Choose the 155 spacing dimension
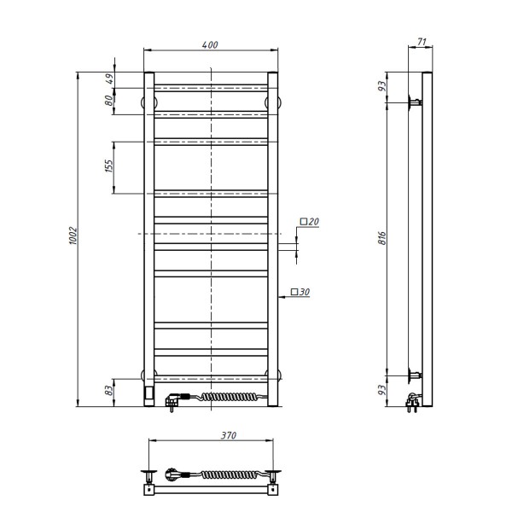coord(109,166)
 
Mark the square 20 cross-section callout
coord(309,222)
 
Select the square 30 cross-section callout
coord(300,293)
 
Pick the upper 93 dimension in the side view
coord(384,86)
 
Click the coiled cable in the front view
coord(226,397)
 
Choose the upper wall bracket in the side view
coord(415,102)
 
